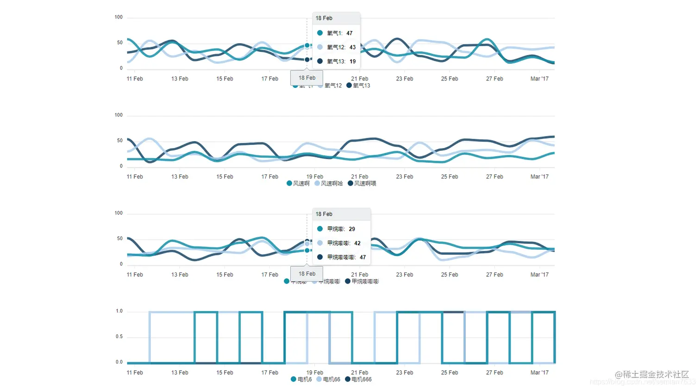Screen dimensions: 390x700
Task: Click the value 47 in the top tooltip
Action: (350, 33)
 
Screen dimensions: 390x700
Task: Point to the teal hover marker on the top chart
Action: (307, 45)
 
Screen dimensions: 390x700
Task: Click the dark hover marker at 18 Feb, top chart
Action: (307, 60)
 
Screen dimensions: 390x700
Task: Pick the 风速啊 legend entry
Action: (298, 184)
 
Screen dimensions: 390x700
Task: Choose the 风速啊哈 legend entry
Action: (329, 184)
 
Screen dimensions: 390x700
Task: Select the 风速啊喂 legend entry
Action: (362, 184)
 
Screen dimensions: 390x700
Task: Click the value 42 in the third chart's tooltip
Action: (357, 243)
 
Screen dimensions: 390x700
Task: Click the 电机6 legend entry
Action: (301, 379)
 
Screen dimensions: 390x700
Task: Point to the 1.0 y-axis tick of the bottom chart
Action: (119, 311)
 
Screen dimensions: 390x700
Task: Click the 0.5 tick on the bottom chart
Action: (119, 337)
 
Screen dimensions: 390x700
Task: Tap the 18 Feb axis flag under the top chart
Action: (307, 78)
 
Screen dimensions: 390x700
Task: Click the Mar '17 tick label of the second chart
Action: (539, 177)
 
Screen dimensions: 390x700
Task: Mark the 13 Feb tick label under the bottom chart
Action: (180, 373)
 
